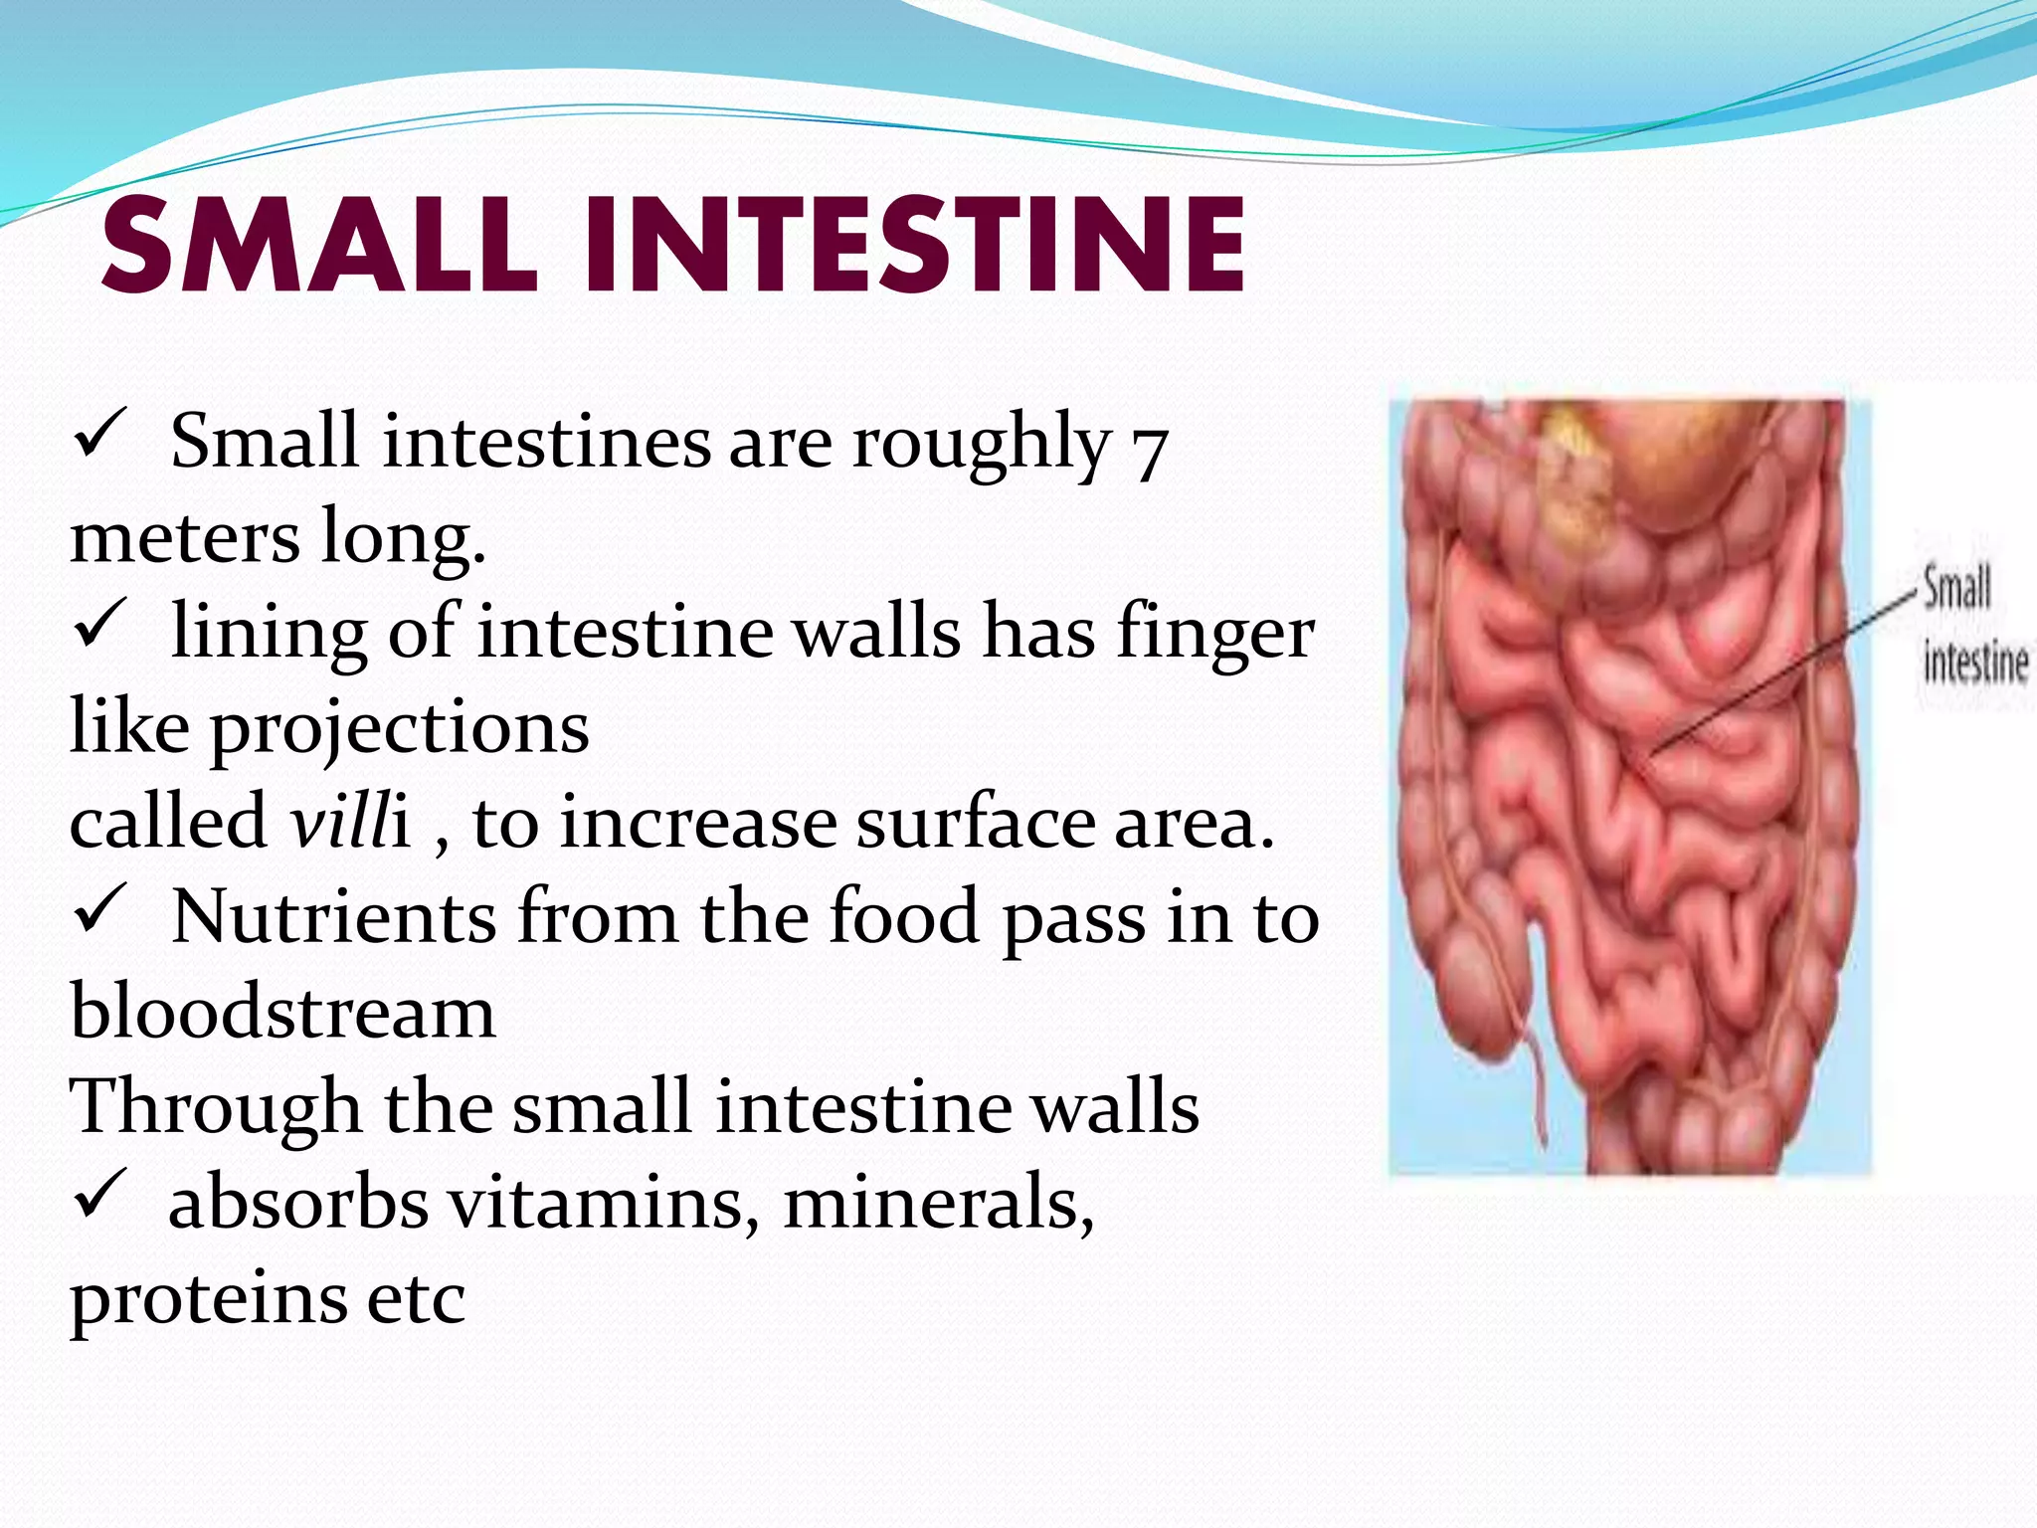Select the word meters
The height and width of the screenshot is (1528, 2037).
(185, 537)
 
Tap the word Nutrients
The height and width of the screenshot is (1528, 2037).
(334, 917)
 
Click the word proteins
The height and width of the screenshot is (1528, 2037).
(209, 1298)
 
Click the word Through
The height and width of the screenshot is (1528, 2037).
(215, 1106)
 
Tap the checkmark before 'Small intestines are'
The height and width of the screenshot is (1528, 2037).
(98, 434)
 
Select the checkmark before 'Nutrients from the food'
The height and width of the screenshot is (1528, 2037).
(98, 909)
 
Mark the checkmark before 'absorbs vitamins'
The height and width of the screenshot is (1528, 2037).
(98, 1194)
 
